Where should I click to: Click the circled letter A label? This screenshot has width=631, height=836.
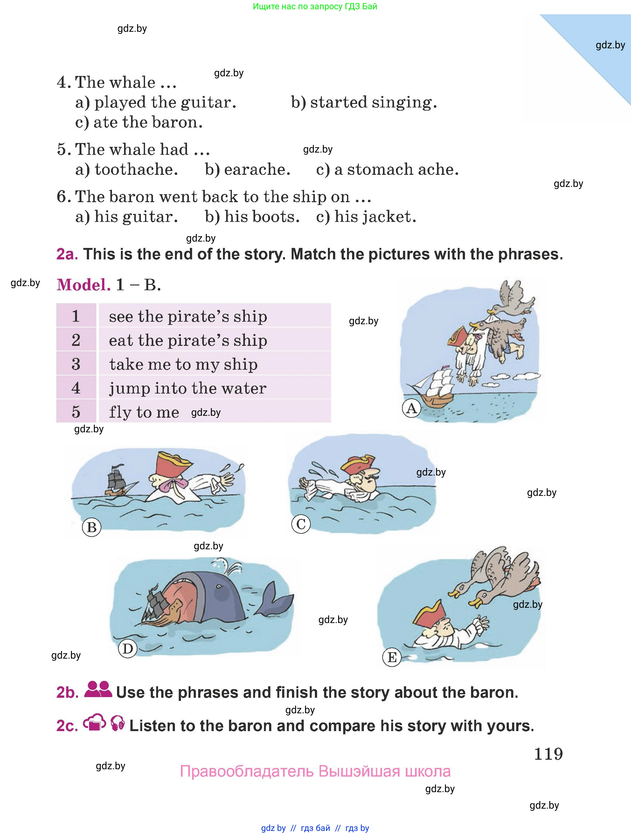411,408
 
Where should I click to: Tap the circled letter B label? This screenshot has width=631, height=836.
92,527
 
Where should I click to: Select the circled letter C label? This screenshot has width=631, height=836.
301,524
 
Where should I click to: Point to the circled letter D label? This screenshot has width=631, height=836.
128,649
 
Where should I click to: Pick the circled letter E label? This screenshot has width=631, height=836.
392,657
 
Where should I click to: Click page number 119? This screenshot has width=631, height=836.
548,754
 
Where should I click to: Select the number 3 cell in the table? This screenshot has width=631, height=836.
76,364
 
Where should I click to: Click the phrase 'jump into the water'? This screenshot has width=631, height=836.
188,388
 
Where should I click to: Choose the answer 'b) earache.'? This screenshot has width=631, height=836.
248,169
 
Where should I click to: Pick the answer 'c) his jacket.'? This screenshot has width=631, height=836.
366,216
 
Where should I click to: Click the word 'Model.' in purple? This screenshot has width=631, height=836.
84,284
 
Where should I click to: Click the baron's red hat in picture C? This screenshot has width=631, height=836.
357,464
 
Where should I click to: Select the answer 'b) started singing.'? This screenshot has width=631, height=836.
364,102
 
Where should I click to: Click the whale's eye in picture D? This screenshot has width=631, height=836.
219,586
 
